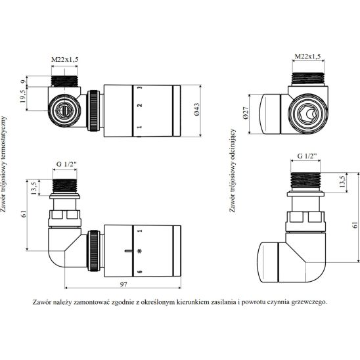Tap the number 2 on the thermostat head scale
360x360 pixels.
coord(139,105)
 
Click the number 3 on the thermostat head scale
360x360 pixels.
coord(139,87)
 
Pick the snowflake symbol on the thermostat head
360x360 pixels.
coord(139,251)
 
